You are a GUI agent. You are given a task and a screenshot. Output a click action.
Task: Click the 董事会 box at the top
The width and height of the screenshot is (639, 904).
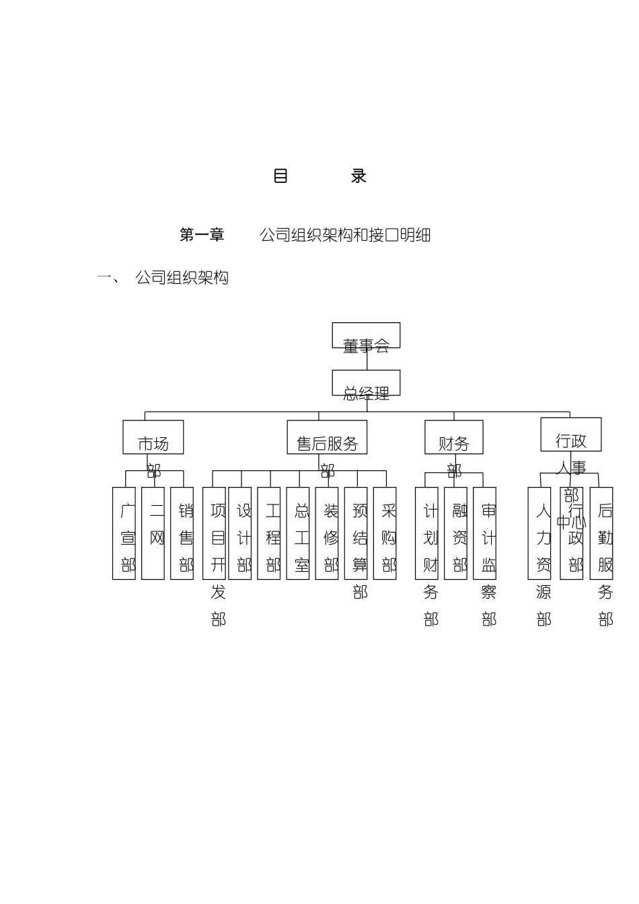point(366,336)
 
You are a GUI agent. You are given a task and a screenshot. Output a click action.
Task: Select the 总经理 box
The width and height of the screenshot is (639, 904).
point(366,383)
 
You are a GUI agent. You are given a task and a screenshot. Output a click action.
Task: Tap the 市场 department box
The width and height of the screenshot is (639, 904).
point(153,437)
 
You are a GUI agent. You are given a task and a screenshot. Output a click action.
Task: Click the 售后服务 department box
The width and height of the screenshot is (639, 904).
point(327,437)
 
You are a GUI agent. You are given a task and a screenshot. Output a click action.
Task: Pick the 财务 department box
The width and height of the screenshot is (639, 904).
point(454,437)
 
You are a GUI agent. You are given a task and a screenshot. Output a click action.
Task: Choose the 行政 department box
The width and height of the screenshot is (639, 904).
point(571,435)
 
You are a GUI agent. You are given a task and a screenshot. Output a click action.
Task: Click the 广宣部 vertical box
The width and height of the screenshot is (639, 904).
point(124,533)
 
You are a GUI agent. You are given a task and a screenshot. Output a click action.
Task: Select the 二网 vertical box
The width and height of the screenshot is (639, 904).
point(153,533)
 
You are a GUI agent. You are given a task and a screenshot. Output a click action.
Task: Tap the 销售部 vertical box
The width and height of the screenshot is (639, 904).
point(182,533)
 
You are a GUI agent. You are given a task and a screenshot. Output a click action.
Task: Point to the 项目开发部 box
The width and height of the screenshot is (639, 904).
point(214,533)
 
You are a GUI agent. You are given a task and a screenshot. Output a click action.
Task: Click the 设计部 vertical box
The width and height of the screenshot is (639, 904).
point(240,533)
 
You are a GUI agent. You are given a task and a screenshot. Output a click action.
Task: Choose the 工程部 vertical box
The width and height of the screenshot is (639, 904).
point(269,533)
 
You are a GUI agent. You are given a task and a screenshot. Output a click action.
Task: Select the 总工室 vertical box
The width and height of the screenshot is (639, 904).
point(298,533)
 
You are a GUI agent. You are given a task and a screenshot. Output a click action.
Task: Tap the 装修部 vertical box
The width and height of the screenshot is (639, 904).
point(327,533)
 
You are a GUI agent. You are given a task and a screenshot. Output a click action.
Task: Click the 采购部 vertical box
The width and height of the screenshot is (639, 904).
point(385,533)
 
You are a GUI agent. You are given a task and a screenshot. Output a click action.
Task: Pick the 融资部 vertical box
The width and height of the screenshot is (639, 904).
point(455,533)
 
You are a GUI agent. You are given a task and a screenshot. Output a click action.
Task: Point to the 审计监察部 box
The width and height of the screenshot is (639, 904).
point(484,533)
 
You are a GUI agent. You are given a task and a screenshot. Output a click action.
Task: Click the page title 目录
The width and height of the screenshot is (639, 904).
point(319,176)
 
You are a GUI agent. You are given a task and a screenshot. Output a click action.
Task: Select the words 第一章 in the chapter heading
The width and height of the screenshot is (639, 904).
point(202,235)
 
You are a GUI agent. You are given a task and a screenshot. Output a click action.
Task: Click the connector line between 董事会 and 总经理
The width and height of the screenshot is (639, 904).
point(367,359)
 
